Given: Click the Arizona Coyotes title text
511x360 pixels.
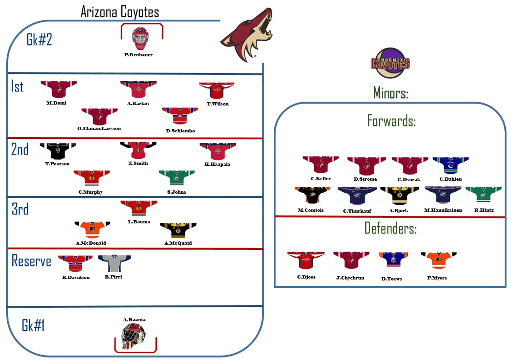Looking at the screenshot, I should [120, 12].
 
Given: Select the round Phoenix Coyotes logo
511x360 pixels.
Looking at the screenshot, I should [390, 63].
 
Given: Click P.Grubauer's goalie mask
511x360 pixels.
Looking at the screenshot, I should [140, 38].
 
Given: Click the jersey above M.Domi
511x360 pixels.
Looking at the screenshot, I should [58, 90].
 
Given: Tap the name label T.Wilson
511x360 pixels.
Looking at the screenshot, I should [217, 104].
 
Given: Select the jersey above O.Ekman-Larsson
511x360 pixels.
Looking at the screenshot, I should [99, 116].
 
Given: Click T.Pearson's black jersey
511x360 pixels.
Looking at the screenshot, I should [58, 151].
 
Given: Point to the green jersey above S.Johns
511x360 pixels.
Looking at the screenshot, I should [177, 178].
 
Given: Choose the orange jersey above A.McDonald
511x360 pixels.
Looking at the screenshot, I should [92, 230].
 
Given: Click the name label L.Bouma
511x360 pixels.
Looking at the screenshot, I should [139, 222].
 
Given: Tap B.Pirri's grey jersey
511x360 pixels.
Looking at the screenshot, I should [114, 263].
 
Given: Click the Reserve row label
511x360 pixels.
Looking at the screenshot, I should [31, 261].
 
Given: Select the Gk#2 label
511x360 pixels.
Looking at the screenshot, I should [39, 40].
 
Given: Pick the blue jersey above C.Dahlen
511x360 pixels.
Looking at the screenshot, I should [450, 165].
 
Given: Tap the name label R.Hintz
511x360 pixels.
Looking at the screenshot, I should [484, 210].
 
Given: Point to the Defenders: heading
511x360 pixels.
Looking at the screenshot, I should [390, 228].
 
